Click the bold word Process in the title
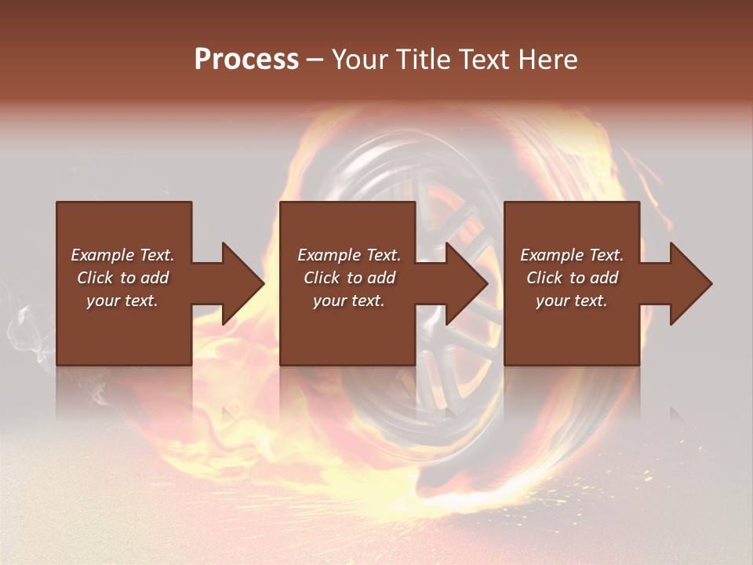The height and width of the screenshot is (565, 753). pyautogui.click(x=246, y=60)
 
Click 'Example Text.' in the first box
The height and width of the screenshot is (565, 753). pyautogui.click(x=122, y=255)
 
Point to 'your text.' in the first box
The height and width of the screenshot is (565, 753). pyautogui.click(x=122, y=301)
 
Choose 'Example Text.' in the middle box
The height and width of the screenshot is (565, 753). pyautogui.click(x=348, y=255)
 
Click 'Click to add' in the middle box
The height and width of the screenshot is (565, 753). pyautogui.click(x=348, y=278)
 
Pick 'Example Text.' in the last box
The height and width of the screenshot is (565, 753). pyautogui.click(x=572, y=255)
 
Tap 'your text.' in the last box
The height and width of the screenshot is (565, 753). pyautogui.click(x=572, y=301)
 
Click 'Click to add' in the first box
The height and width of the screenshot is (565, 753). pyautogui.click(x=122, y=278)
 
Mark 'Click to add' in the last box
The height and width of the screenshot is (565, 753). pyautogui.click(x=572, y=278)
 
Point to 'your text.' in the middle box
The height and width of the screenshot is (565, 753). pyautogui.click(x=348, y=301)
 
